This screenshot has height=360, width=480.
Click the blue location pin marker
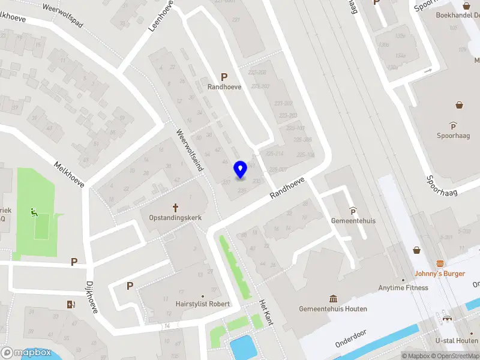tap(240, 170)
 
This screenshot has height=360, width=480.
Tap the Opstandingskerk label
tap(176, 217)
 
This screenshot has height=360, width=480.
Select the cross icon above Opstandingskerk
tap(176, 208)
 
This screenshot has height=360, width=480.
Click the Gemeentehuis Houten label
tap(333, 309)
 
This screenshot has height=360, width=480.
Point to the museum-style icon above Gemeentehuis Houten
tap(333, 299)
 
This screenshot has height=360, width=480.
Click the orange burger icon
tap(440, 263)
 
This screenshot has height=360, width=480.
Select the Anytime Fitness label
tap(403, 287)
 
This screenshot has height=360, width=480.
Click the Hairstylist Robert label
tap(203, 304)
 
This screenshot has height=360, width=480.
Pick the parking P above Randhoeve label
tap(224, 77)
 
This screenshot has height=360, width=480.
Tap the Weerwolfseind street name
tap(190, 150)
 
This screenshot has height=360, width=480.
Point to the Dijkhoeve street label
tap(91, 298)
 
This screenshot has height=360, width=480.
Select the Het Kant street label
tap(266, 313)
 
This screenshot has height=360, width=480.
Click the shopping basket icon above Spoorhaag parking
tap(459, 105)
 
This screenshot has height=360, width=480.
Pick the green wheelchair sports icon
tap(34, 212)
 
